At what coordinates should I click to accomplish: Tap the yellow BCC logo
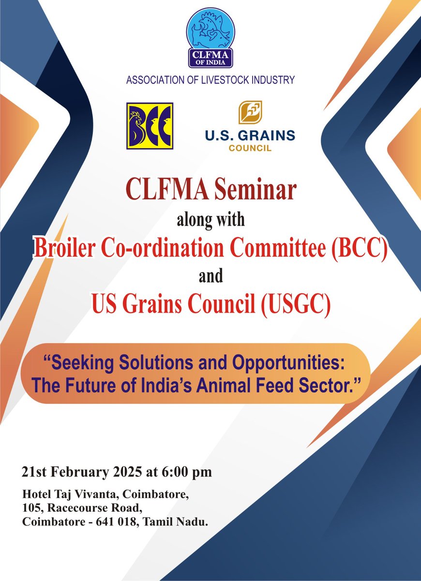pos(150,125)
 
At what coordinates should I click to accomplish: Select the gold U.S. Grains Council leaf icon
pos(250,113)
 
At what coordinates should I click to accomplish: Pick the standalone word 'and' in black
pos(210,276)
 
